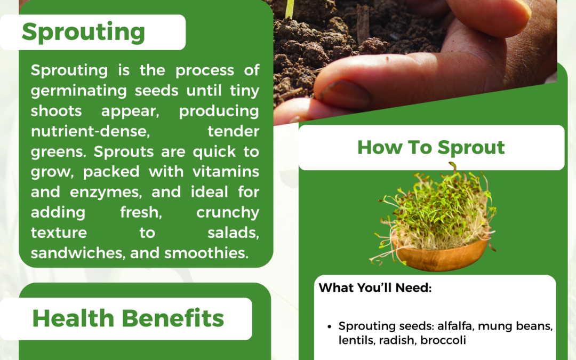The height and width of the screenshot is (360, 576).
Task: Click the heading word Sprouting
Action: (83, 33)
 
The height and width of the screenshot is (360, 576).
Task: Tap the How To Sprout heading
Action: (431, 147)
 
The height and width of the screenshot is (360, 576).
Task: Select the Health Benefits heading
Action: (128, 318)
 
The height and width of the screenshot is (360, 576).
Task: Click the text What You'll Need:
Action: (375, 288)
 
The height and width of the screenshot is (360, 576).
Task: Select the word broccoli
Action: (443, 340)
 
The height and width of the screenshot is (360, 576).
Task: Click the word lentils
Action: (357, 340)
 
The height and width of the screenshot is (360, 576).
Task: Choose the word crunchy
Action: (228, 212)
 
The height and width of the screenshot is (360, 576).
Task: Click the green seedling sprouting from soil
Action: (290, 8)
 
